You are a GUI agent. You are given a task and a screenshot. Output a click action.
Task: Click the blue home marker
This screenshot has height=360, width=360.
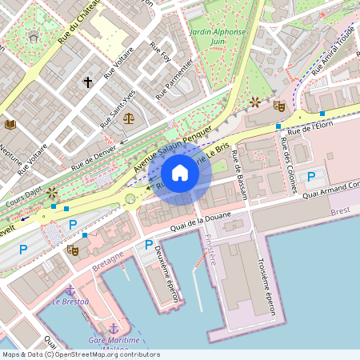click(x=180, y=173)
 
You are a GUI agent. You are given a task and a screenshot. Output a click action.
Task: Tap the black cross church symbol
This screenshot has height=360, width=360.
click(x=88, y=82)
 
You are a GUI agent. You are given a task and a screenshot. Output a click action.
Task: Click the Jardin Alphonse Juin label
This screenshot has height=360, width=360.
click(x=218, y=37)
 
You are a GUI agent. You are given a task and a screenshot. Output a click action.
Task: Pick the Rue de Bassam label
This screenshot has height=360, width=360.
click(x=238, y=173)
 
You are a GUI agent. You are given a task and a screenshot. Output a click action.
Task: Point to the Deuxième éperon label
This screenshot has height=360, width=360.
click(x=165, y=272)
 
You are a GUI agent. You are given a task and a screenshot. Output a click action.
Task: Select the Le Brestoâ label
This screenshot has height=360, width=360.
click(x=70, y=302)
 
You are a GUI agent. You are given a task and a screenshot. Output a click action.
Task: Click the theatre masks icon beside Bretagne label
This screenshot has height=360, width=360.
click(x=72, y=250)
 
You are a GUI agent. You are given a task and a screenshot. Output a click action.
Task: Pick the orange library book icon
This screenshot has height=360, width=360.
click(x=10, y=124)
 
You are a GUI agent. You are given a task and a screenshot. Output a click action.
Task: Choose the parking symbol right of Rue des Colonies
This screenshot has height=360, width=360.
click(x=311, y=177)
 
